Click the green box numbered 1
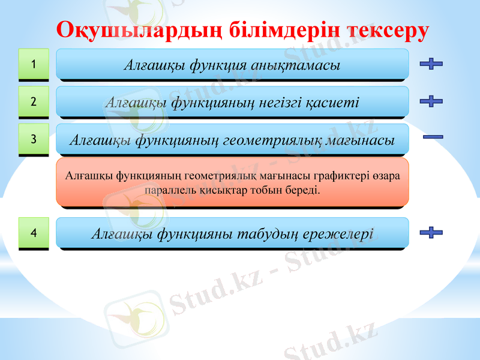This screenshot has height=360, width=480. click(x=34, y=64)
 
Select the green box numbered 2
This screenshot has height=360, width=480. click(x=34, y=101)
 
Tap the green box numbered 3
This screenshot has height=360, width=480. click(x=34, y=139)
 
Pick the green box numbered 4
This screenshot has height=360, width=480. click(x=34, y=232)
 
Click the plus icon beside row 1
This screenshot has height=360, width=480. click(x=431, y=64)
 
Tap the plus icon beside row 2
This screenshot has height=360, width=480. click(x=431, y=101)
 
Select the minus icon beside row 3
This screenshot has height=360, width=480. click(x=433, y=137)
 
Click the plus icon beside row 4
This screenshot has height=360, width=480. click(x=431, y=232)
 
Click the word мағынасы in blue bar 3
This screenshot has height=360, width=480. click(x=361, y=141)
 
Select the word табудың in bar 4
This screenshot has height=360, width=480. click(x=269, y=233)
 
